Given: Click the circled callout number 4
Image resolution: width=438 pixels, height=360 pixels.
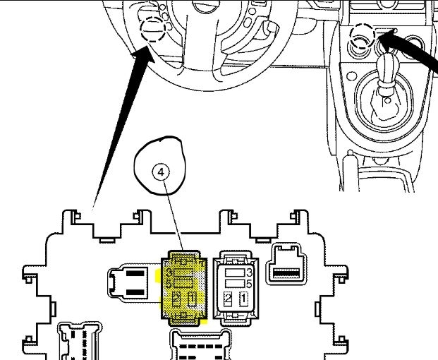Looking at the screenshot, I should point(161,172).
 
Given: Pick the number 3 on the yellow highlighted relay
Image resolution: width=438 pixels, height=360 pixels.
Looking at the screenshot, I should point(169,272).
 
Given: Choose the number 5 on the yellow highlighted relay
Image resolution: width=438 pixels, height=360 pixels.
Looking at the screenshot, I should point(169,284).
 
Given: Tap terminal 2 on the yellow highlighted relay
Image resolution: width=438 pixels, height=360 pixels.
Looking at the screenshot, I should point(176,298).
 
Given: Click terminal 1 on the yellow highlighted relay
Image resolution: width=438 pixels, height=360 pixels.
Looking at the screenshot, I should point(191,298).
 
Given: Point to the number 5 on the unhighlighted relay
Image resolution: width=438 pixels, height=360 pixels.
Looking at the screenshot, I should point(250,284).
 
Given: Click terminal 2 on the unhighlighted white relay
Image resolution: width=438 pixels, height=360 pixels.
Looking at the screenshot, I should point(228,299).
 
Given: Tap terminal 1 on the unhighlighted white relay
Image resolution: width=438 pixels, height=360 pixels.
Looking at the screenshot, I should point(243,299).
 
